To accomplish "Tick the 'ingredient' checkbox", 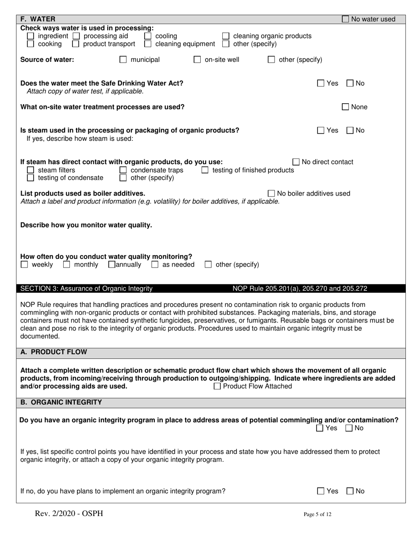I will click(x=31, y=36).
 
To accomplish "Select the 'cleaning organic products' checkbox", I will click(x=225, y=36).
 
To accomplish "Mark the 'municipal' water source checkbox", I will click(x=123, y=60).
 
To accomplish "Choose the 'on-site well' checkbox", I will click(x=197, y=60).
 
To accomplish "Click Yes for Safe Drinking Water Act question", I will click(x=321, y=83).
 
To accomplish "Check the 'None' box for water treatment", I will click(x=346, y=107).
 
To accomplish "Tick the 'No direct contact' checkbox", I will click(x=296, y=162).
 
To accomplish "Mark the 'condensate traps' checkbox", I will click(x=123, y=170).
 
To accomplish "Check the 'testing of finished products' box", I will click(x=205, y=170).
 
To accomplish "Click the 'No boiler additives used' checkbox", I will click(x=271, y=194).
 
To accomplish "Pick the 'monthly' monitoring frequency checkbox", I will click(x=66, y=265).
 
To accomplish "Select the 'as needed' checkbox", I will click(x=155, y=265).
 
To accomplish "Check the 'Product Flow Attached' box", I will click(x=217, y=387).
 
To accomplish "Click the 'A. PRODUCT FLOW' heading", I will click(x=54, y=352).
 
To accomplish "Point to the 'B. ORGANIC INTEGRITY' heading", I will click(x=61, y=402).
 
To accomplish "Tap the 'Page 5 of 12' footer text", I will click(x=317, y=514).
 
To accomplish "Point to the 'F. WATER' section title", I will click(x=38, y=19).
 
